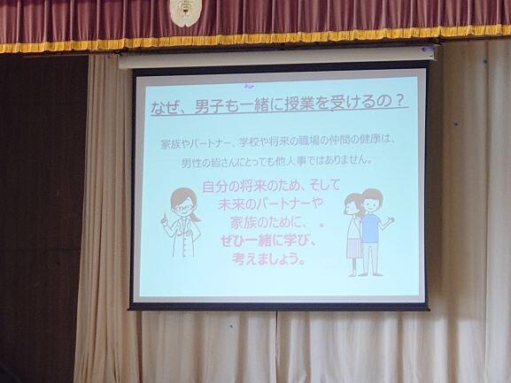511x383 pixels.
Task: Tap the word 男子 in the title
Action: coord(209,106)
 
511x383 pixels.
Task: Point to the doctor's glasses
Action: coord(183,207)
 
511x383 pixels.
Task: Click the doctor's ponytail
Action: coord(196,217)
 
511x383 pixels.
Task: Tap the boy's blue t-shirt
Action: coord(371,228)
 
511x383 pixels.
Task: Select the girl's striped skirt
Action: coord(353,248)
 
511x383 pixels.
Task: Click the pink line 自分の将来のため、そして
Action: coord(271,187)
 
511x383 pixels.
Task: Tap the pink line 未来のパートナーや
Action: coord(270,204)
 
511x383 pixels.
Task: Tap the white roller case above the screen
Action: coord(277,58)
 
